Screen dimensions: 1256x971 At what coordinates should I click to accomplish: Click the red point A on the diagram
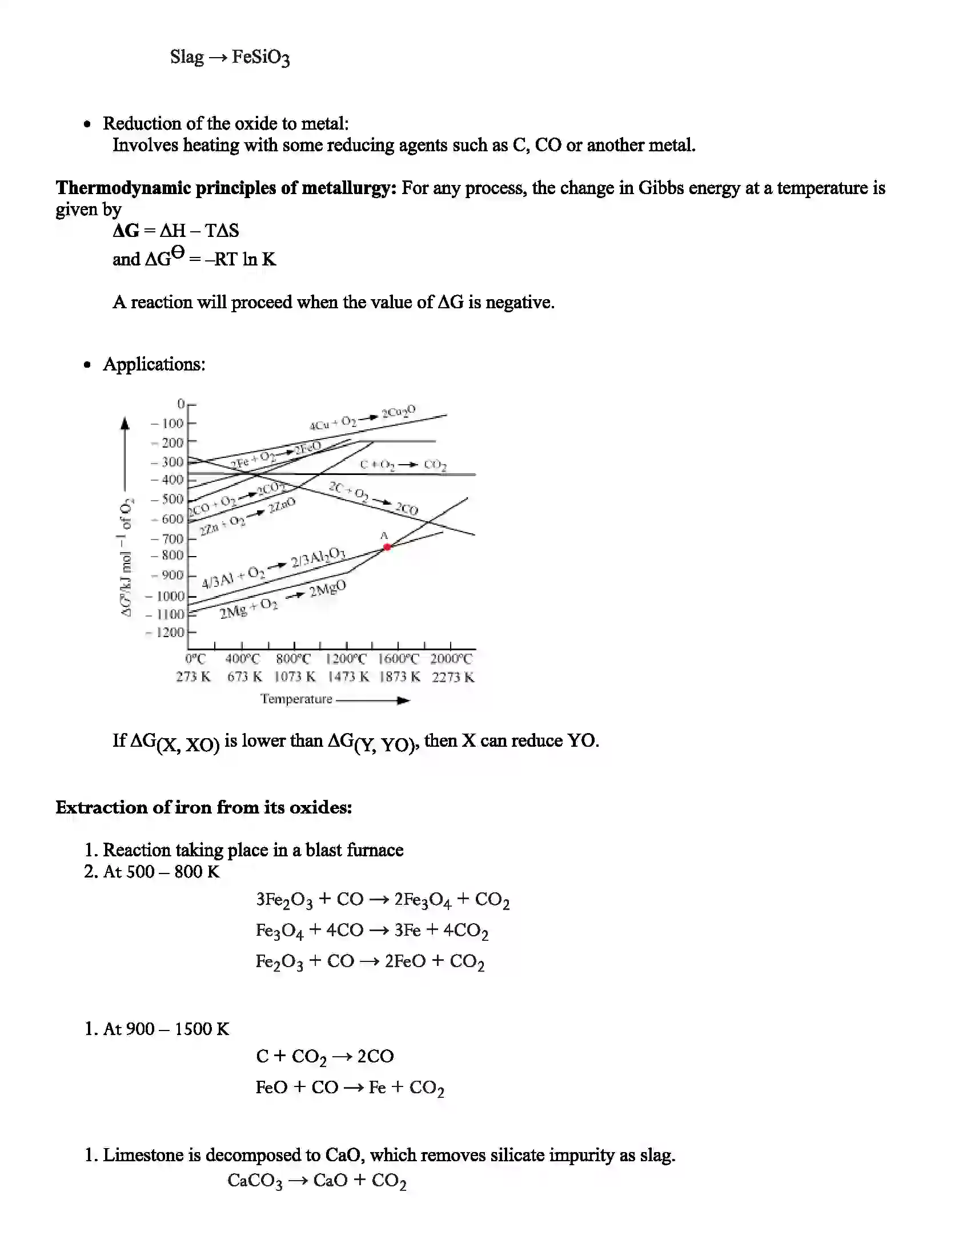pyautogui.click(x=387, y=547)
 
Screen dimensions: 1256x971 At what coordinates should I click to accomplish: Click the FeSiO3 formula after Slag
pyautogui.click(x=260, y=58)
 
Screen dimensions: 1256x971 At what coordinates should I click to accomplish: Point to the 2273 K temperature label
pyautogui.click(x=454, y=678)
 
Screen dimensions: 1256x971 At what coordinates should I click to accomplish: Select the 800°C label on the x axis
pyautogui.click(x=293, y=659)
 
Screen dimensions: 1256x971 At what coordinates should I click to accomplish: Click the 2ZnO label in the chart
pyautogui.click(x=282, y=505)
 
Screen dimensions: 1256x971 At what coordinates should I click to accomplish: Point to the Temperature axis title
pyautogui.click(x=296, y=699)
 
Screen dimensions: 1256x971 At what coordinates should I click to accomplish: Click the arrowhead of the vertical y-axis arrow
pyautogui.click(x=125, y=424)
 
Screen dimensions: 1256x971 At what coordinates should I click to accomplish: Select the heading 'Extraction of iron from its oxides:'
pyautogui.click(x=204, y=807)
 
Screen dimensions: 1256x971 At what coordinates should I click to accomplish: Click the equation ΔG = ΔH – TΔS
pyautogui.click(x=175, y=231)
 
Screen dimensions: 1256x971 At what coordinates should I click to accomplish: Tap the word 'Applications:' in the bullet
pyautogui.click(x=154, y=364)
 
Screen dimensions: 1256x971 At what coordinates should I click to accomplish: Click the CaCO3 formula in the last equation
pyautogui.click(x=255, y=1181)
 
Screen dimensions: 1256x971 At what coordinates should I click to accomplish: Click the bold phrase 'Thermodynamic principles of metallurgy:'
pyautogui.click(x=226, y=188)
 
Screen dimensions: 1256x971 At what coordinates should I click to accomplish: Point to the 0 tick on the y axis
pyautogui.click(x=181, y=404)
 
